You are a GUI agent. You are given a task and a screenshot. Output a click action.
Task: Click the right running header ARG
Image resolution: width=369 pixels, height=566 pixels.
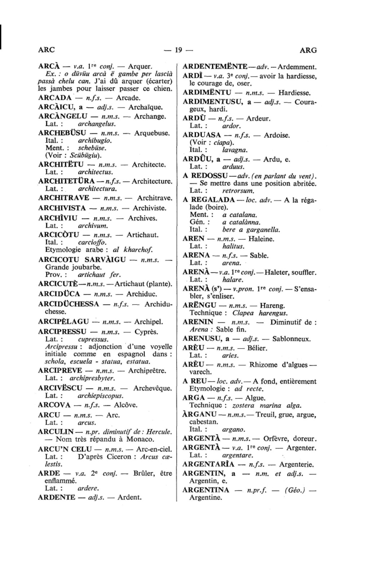pos(308,50)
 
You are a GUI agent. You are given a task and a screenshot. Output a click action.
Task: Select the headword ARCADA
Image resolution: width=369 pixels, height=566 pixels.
pos(55,98)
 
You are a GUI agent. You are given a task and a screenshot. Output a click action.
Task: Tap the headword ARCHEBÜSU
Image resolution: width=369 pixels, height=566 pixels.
pos(62,133)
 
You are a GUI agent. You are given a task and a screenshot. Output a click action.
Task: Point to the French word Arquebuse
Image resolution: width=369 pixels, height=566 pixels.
pos(151,133)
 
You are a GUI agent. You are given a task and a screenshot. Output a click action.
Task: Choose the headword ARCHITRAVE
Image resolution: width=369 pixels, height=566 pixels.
pos(63,198)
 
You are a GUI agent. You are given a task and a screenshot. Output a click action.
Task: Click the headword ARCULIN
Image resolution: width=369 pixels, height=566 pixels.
pos(56,432)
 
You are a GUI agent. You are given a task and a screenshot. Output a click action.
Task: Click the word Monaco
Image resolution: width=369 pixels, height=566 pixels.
pos(140,439)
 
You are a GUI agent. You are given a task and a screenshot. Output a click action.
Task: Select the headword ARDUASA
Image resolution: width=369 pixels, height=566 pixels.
pos(202,135)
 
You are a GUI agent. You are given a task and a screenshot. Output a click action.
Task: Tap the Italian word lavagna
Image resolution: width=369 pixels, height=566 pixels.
pos(235,150)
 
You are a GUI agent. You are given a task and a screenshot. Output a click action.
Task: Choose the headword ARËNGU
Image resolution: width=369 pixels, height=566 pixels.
pos(199,305)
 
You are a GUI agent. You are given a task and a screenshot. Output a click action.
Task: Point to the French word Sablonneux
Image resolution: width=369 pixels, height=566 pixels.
pos(291,339)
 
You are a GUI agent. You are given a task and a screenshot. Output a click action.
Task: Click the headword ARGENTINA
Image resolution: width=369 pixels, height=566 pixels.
pos(206,490)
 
